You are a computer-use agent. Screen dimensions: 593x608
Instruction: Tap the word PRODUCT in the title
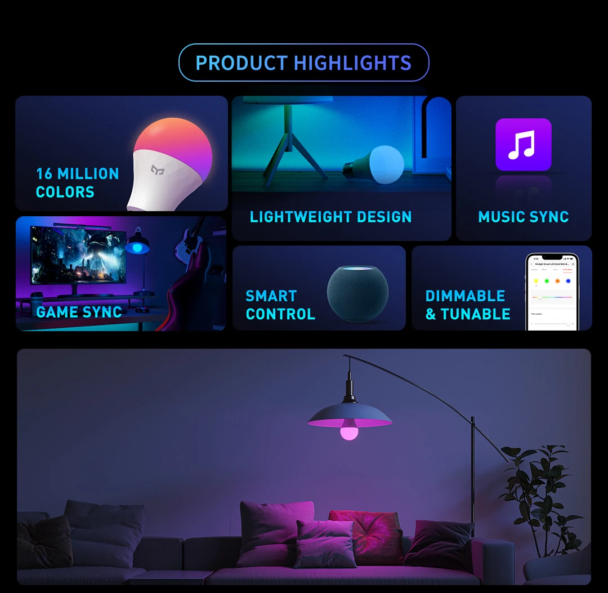(x=242, y=63)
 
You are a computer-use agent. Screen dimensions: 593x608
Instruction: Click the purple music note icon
(x=523, y=144)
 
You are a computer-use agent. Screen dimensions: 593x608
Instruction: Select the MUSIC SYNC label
(x=523, y=217)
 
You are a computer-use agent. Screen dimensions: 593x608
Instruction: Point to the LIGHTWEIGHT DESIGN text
(x=330, y=217)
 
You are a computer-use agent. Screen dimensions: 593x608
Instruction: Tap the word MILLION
(x=88, y=173)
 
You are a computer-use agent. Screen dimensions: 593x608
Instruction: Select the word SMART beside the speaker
(x=271, y=296)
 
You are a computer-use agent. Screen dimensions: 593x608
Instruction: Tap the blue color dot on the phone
(x=568, y=281)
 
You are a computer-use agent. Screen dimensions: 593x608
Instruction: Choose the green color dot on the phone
(x=546, y=281)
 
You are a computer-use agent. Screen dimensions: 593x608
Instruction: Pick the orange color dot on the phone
(x=557, y=281)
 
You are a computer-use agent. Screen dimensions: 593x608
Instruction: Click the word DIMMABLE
(x=465, y=296)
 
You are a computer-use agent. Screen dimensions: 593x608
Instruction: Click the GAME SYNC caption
(x=79, y=312)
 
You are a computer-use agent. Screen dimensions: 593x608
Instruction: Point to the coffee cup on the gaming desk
(x=36, y=296)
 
